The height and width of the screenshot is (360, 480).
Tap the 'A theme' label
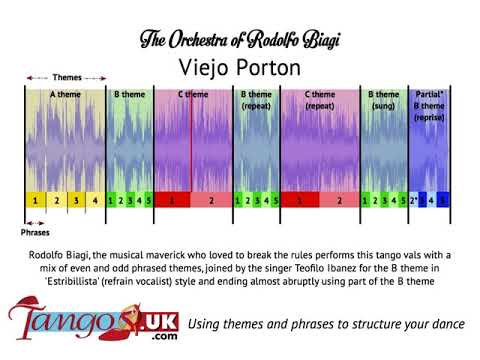coord(65,94)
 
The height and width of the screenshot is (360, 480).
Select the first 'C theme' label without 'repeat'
coord(193,94)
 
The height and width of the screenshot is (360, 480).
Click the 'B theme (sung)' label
coord(383,99)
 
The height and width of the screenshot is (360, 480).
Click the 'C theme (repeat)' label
coord(319,99)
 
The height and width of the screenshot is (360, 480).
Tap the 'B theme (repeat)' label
coord(256,99)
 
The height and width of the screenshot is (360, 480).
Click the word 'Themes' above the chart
coord(67,77)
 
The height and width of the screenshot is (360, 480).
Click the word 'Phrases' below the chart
coord(35,232)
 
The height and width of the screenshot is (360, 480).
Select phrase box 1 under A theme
coord(35,201)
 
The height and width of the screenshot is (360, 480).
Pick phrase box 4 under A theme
coord(95,201)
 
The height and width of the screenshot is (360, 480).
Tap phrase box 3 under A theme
coord(75,201)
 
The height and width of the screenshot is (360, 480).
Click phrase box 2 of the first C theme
coord(211,201)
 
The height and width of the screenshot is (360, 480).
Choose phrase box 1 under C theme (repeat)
coord(300,201)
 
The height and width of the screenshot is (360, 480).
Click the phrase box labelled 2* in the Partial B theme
coord(415,201)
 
